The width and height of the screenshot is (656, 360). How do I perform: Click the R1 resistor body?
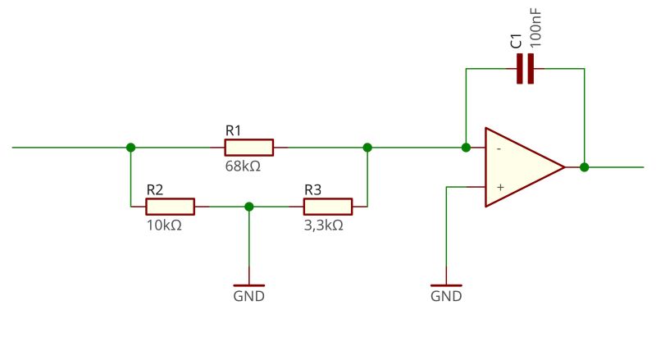tap(248, 148)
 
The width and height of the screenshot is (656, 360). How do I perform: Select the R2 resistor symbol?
tap(171, 207)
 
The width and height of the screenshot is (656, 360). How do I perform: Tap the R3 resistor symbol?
tap(328, 207)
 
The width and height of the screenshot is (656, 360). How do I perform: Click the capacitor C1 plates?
tap(525, 70)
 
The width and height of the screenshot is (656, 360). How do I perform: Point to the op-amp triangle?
tap(522, 167)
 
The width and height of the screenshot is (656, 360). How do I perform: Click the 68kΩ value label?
tap(243, 166)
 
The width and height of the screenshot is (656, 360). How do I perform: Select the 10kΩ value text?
tap(164, 225)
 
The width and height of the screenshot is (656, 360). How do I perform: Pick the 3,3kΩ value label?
tap(323, 225)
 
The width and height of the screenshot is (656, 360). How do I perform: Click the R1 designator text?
tap(234, 130)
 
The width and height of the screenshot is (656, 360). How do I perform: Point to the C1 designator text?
tap(516, 41)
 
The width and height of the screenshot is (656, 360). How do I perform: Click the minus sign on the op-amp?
tap(499, 148)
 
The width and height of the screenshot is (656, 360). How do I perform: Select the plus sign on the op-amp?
tap(499, 187)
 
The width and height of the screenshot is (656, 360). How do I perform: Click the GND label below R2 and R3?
tap(249, 296)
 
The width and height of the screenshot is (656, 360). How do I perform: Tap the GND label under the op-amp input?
tap(446, 296)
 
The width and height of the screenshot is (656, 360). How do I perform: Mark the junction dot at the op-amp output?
tap(584, 167)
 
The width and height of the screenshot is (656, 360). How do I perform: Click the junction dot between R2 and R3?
tap(249, 207)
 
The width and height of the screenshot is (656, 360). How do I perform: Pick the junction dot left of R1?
tap(130, 148)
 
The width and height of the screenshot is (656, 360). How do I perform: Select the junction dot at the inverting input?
tap(466, 148)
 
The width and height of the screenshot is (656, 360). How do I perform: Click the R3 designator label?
tap(312, 189)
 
